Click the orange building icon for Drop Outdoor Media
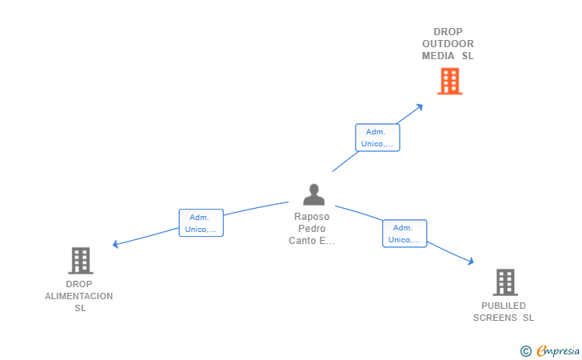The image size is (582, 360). pos(449,81)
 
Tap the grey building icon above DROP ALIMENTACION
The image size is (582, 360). pos(80,260)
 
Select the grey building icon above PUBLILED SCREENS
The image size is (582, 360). pos(504,282)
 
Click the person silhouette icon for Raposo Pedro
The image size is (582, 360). pos(313,194)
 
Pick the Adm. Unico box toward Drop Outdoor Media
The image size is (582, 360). pos(377,138)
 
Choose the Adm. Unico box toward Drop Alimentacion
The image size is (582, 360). pos(201,222)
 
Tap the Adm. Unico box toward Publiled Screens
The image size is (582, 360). pos(405,233)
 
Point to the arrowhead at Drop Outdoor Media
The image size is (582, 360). pos(420,106)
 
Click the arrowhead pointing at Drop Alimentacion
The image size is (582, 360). pos(117,244)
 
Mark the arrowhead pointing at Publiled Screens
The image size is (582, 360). pos(471,261)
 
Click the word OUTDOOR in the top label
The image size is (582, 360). pos(448,44)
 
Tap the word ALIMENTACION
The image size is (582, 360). pos(79,296)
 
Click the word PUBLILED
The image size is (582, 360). pos(504,306)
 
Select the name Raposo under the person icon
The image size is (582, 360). pos(312,217)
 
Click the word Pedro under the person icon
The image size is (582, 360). pos(312,229)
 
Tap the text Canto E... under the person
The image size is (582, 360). pos(312,241)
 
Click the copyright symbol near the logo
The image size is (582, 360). pos(525,350)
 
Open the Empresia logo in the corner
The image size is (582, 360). pos(558,350)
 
